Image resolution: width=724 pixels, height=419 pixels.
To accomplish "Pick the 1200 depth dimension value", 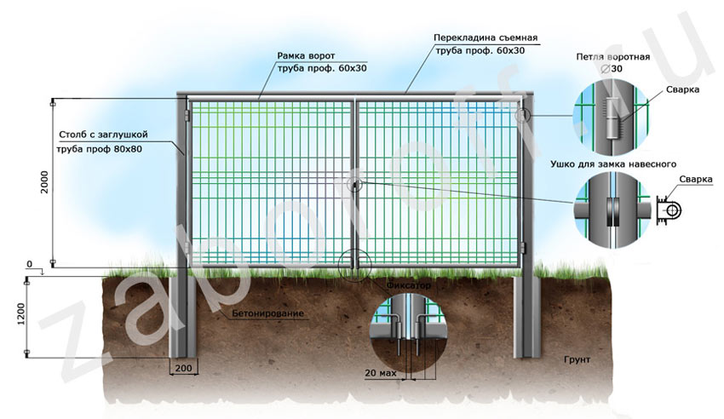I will [20, 317].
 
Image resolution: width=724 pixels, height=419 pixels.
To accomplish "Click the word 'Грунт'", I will [577, 360].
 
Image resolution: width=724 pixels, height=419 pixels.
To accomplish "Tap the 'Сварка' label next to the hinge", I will [685, 89].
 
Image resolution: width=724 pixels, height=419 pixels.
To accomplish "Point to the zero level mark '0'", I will [29, 265].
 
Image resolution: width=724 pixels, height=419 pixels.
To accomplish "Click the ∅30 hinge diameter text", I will [612, 69].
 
